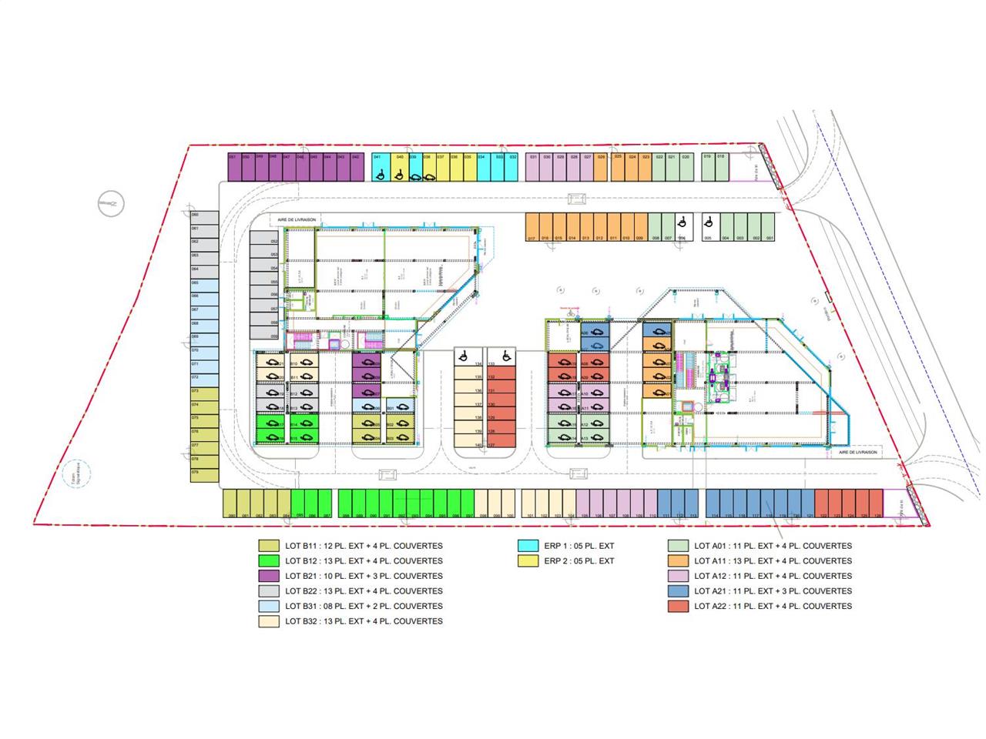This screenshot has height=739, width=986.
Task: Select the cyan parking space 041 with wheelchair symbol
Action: tap(378, 168)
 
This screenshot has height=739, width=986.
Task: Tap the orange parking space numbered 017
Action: tap(532, 228)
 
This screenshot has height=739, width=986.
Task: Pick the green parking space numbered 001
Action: tap(770, 228)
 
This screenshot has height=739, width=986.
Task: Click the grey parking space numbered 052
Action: tap(263, 242)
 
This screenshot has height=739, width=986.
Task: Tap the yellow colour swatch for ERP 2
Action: tap(528, 561)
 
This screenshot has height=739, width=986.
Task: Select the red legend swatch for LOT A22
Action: tap(677, 606)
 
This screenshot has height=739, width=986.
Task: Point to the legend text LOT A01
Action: tap(773, 546)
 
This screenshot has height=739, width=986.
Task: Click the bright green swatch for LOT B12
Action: tap(268, 561)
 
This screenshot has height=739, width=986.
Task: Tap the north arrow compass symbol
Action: tap(111, 203)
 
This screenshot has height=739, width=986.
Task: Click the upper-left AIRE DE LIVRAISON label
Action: tap(297, 219)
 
